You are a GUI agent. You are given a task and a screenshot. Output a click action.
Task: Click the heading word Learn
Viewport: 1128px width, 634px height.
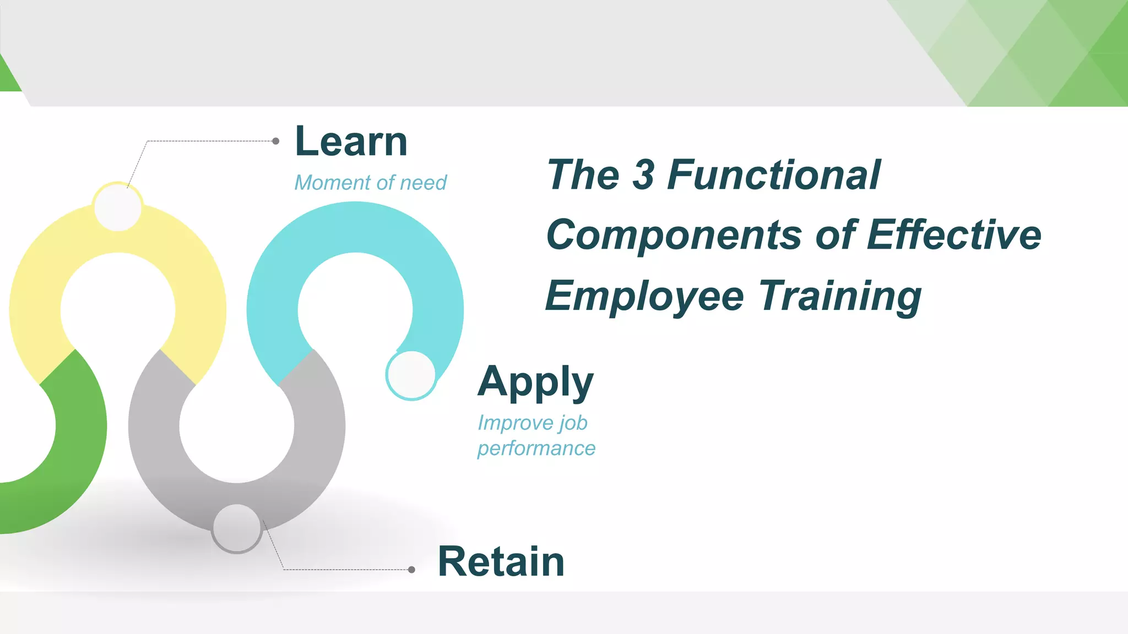coord(351,141)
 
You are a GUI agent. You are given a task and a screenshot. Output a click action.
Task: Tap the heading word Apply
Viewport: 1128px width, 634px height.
coord(535,382)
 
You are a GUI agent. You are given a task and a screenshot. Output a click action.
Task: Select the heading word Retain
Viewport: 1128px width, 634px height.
coord(501,562)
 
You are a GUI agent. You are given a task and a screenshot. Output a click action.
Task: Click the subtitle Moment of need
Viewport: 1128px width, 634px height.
coord(370,183)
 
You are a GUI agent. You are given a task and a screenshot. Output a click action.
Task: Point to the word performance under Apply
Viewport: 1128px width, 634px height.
coord(536,449)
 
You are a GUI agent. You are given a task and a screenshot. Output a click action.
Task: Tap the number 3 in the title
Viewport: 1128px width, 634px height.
coord(643,175)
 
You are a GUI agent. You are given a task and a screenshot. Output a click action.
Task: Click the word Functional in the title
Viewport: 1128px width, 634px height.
coord(773,175)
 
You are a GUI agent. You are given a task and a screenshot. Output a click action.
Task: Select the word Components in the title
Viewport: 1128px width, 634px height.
coord(674,235)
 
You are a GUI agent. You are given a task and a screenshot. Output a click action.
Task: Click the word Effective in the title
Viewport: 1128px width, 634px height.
coord(954,235)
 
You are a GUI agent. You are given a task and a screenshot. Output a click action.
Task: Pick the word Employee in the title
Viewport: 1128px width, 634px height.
coord(644,296)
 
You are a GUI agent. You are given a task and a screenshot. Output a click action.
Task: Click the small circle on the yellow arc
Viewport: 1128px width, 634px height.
coord(118,207)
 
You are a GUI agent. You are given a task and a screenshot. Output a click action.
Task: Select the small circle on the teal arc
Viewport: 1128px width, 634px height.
coord(411,375)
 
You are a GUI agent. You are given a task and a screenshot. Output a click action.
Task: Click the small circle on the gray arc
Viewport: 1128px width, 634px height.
coord(237,528)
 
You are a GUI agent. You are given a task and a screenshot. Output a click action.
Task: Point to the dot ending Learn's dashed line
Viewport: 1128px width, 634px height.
coord(276,141)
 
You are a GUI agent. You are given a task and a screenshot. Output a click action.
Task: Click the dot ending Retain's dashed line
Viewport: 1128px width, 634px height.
coord(411,570)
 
